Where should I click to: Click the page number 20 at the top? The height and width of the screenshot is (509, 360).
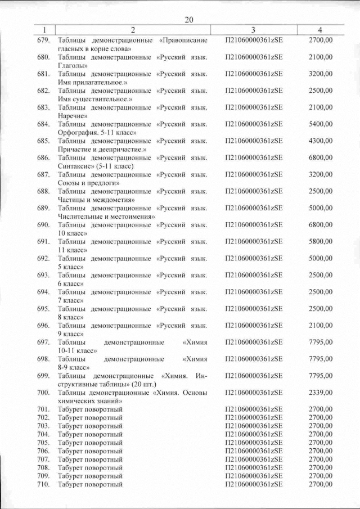coord(189,20)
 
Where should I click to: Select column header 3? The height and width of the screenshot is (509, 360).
coord(253,29)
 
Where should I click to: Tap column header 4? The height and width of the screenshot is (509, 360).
coord(320,29)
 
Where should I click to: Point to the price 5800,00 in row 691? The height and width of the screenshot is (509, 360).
coord(321,241)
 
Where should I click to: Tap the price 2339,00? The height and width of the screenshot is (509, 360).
coord(321,393)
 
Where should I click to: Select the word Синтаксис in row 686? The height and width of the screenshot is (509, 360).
coord(74,166)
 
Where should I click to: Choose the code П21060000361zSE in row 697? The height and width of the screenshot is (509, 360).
coord(253,342)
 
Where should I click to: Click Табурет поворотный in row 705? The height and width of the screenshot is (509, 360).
coord(90,443)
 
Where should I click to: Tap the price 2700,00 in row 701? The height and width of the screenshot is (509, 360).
coord(321,409)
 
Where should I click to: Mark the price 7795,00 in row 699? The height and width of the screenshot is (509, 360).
coord(321,376)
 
